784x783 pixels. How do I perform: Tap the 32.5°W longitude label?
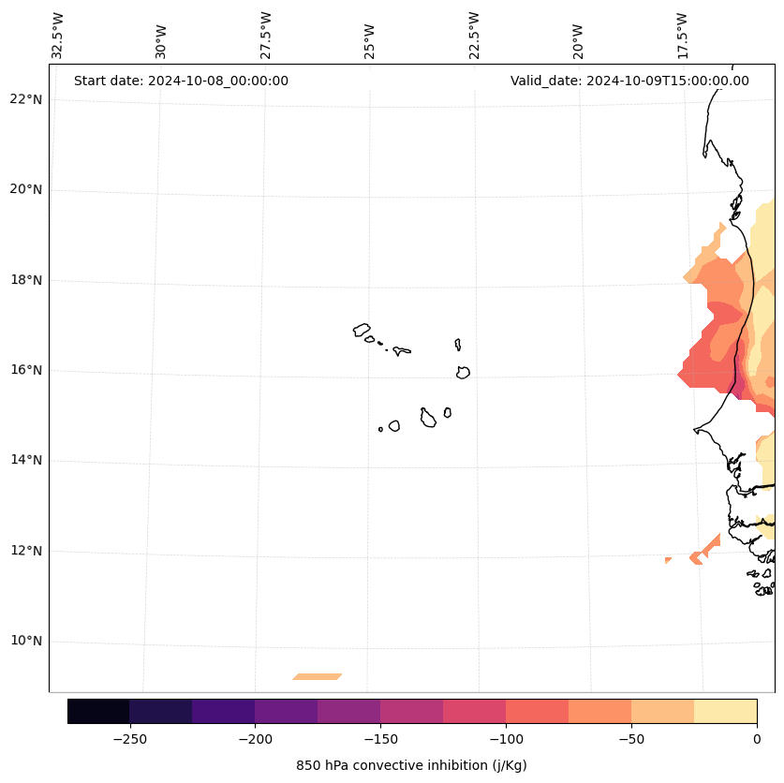pos(58,36)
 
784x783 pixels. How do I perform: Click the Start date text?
pos(181,81)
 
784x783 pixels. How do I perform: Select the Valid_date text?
pos(629,81)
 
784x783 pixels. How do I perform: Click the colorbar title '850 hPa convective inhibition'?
pos(411,765)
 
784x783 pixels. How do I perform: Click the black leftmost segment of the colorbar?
pos(98,711)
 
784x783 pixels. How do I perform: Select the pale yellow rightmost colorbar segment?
pos(725,711)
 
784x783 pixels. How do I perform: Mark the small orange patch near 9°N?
pos(318,676)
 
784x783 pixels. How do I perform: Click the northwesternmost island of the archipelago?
pos(362,330)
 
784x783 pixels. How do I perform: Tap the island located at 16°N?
pos(463,372)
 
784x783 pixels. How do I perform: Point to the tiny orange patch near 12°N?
pos(668,560)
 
